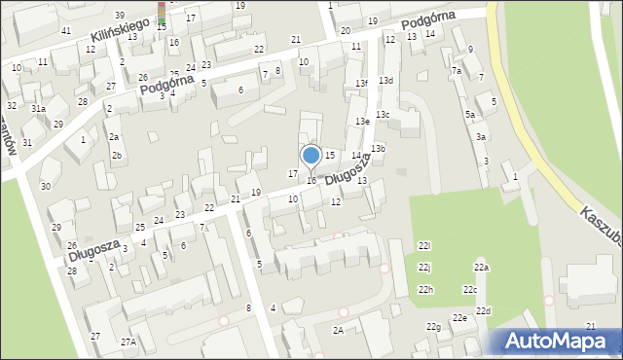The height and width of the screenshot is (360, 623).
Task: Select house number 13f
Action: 361,84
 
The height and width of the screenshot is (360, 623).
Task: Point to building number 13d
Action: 385,80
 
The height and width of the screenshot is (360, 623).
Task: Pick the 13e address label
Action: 361,121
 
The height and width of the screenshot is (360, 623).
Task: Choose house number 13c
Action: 384,115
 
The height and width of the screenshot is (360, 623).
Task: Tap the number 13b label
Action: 378,148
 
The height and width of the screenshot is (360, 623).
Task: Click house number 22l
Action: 424,245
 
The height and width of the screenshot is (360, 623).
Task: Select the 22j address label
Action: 424,267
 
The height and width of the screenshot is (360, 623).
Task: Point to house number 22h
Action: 426,290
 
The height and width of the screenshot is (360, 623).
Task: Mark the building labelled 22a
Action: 481,268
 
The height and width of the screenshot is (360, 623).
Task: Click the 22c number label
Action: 470,290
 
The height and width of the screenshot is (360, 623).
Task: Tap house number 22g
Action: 432,327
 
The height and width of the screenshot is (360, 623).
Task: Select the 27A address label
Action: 128,342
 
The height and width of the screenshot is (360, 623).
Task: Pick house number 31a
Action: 38,110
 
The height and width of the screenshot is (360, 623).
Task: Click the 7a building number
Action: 456,71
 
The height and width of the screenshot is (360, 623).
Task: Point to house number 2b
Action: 117,156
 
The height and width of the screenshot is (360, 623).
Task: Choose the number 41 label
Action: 66,31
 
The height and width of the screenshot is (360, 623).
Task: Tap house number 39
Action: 119,16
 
